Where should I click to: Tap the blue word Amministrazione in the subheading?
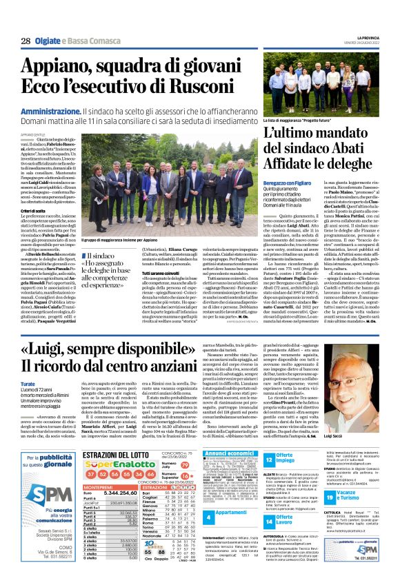[x=50, y=111]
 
